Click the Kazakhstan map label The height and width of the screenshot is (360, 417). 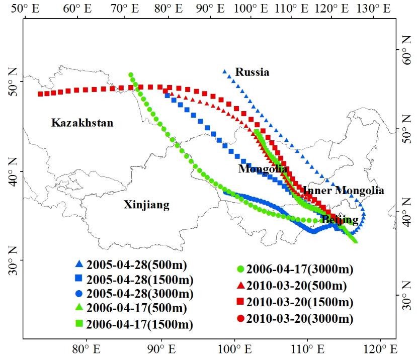[x=82, y=123]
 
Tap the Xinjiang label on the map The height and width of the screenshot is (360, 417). [x=146, y=205]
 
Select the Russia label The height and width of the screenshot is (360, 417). [x=253, y=72]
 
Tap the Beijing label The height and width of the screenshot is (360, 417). [x=340, y=220]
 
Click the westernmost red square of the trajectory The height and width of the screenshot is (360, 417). [x=40, y=94]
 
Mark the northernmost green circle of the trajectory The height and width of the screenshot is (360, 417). [x=131, y=75]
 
